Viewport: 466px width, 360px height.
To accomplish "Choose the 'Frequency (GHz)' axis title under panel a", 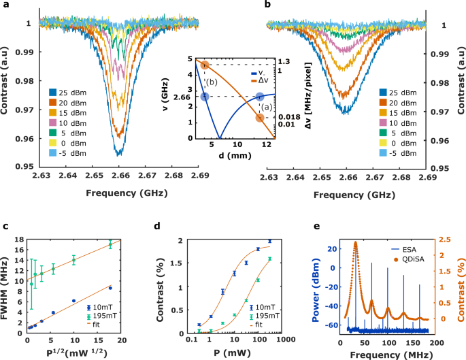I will (x=120, y=193).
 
